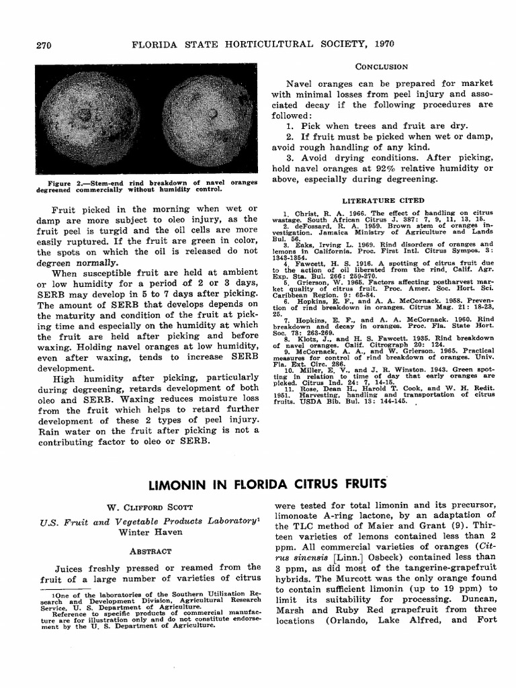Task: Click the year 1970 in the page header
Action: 379,44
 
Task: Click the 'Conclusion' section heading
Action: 381,67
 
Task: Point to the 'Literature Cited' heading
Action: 383,200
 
